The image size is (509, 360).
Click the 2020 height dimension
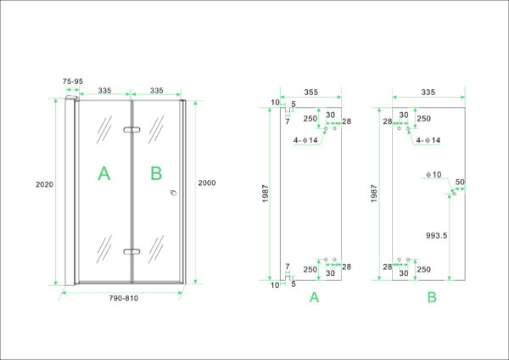coord(44,184)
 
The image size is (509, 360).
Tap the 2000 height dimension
coord(207,183)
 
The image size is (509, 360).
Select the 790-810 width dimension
coord(123,298)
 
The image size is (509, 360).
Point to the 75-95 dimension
coord(73,82)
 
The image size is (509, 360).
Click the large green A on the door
coord(103,173)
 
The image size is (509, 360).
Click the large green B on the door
coord(156,173)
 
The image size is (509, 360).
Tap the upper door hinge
coord(131,130)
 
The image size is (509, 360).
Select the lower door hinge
coord(131,251)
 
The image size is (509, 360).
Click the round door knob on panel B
coord(174,193)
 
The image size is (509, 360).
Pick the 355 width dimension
coord(311,93)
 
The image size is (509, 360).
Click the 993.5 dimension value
coord(437,235)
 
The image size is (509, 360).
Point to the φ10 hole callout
coord(434,175)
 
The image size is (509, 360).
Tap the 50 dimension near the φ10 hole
coord(460,182)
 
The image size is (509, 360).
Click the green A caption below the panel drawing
coord(314,297)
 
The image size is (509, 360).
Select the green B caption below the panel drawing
coord(432,297)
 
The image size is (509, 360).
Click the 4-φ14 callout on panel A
coord(305,140)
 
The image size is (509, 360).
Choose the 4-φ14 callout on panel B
coord(428,140)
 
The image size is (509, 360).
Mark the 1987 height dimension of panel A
coord(266,194)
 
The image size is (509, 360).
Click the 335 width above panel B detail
coord(428,93)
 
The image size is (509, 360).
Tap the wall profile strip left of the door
coord(70,192)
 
